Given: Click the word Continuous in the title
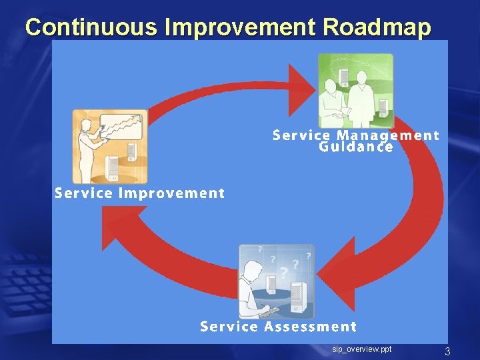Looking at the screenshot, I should tap(92, 27).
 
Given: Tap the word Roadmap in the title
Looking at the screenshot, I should tap(377, 27).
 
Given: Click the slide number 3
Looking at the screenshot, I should tap(448, 351).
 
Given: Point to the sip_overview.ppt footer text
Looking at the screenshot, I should tap(362, 349).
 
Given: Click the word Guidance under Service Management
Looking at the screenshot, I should tap(356, 147).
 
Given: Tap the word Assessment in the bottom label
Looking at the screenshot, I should tap(310, 327).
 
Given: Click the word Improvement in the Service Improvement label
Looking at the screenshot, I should tap(171, 193).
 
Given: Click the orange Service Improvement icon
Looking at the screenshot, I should tap(110, 147).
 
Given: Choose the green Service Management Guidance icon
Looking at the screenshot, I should tap(355, 91).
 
